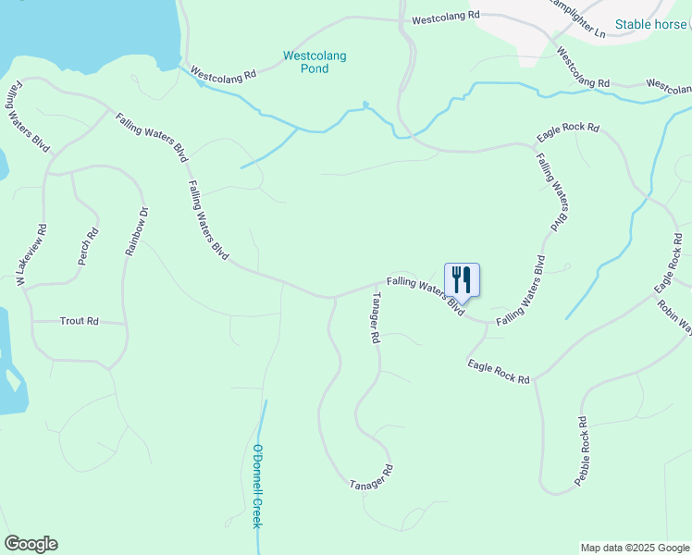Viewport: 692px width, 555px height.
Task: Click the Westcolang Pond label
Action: pyautogui.click(x=315, y=62)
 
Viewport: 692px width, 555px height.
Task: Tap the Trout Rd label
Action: pyautogui.click(x=79, y=321)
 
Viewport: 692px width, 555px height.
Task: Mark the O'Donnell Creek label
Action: pyautogui.click(x=257, y=487)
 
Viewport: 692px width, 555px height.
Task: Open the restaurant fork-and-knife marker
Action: pyautogui.click(x=463, y=279)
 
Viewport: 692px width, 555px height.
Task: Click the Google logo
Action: pyautogui.click(x=31, y=544)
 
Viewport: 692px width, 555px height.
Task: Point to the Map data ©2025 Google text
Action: pyautogui.click(x=635, y=548)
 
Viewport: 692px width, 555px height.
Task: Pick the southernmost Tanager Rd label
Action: pyautogui.click(x=372, y=477)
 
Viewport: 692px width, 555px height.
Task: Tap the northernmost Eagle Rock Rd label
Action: pyautogui.click(x=568, y=133)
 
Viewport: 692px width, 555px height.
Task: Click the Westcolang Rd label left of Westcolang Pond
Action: pyautogui.click(x=222, y=75)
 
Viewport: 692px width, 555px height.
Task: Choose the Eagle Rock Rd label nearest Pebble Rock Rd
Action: pyautogui.click(x=499, y=372)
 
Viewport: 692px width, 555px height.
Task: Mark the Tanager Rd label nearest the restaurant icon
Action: pyautogui.click(x=376, y=317)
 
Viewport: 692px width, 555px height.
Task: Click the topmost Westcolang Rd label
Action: pyautogui.click(x=446, y=18)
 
